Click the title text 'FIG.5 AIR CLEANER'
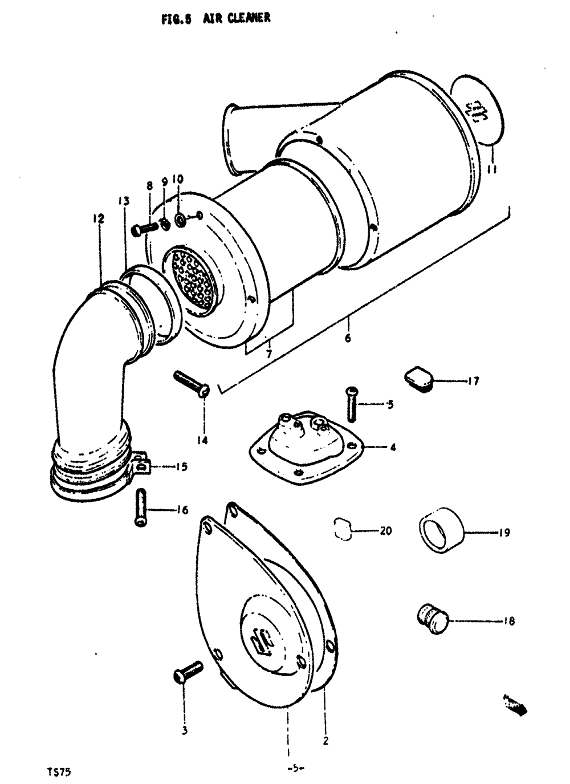[215, 18]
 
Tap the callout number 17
[473, 381]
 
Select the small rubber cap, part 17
[420, 380]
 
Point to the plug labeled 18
[432, 620]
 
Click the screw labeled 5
[351, 404]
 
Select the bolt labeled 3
[188, 671]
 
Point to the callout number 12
[100, 218]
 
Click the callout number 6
[348, 338]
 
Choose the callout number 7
[268, 354]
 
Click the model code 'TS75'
[59, 772]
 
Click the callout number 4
[393, 448]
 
